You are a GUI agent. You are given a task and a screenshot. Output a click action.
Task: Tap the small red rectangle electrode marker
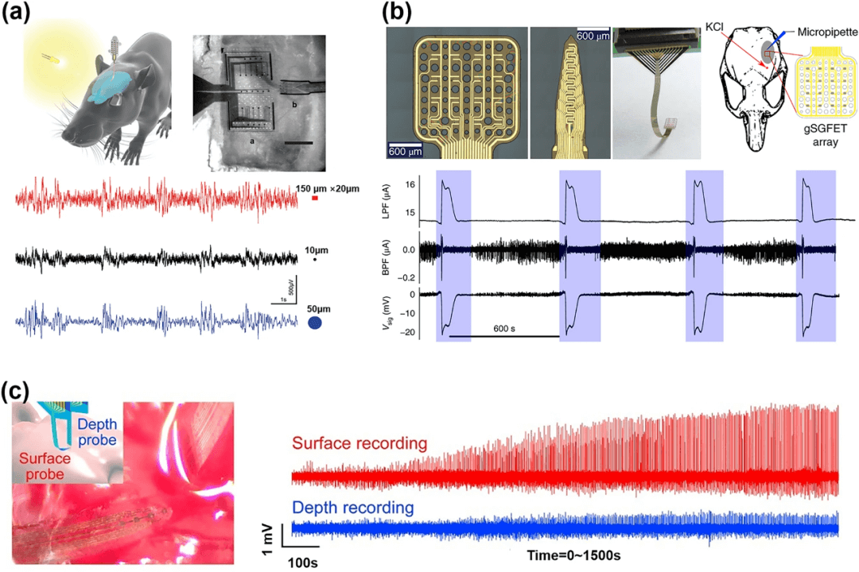coord(315,198)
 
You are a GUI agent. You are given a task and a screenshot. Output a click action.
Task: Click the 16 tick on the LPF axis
coord(409,184)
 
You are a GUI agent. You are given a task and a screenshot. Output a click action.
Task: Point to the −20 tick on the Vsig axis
coord(406,332)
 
